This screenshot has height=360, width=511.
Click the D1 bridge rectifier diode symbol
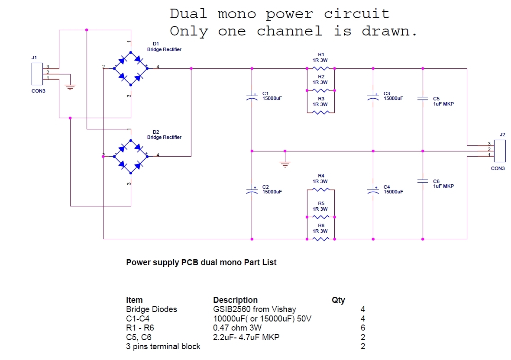tap(130, 68)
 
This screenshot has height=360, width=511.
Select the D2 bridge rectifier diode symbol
tap(130, 156)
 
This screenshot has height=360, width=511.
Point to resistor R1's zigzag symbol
tap(321, 68)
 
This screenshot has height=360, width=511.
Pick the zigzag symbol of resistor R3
tap(321, 112)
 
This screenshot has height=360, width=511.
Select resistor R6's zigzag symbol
tap(321, 239)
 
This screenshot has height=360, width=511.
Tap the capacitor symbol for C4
tap(373, 191)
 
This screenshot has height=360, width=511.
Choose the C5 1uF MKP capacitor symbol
tap(423, 99)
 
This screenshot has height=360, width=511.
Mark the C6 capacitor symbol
tap(423, 181)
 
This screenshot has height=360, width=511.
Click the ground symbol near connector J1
tap(70, 87)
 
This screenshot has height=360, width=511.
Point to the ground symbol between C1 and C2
tap(285, 164)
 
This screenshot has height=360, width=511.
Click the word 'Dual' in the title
tap(189, 14)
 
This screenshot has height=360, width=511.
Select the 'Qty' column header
tap(338, 300)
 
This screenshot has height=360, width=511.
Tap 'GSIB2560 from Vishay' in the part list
tap(255, 309)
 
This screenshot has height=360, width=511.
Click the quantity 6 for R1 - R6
tap(362, 328)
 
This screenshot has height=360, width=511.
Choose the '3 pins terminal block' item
tap(163, 346)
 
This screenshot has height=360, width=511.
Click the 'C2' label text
tap(265, 187)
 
